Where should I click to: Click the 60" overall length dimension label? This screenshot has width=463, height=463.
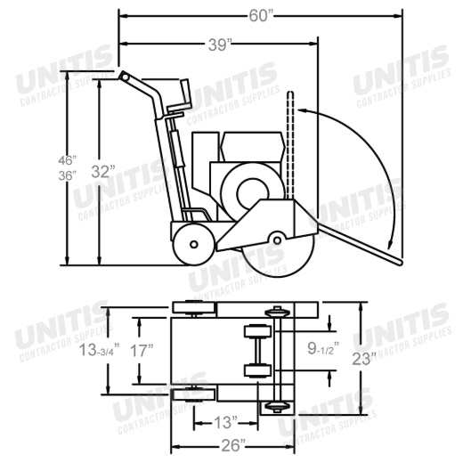[x=261, y=16]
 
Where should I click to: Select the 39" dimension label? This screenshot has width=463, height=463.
[x=220, y=45]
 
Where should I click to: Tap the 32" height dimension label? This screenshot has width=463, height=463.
[x=103, y=172]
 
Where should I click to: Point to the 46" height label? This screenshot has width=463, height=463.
[x=68, y=160]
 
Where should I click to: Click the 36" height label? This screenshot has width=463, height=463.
[x=68, y=175]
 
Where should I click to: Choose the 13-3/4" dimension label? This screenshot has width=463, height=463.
[x=99, y=350]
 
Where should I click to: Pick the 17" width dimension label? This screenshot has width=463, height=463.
[x=142, y=351]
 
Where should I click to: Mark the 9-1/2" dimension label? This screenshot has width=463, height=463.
[x=323, y=349]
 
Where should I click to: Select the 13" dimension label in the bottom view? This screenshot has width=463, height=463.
[x=225, y=422]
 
